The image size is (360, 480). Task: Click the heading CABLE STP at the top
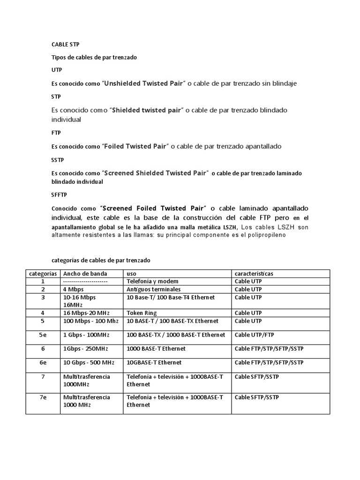[65, 45]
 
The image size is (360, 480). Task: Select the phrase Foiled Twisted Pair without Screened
[135, 146]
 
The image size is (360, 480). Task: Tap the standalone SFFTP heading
[58, 195]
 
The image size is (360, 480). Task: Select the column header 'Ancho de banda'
[85, 273]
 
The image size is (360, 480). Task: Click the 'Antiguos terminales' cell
[153, 289]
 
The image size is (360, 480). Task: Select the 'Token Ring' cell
[142, 313]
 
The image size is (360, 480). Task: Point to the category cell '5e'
[42, 335]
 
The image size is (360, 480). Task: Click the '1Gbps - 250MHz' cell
[85, 349]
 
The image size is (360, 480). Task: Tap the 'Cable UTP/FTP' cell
[255, 335]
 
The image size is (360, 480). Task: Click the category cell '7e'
[42, 397]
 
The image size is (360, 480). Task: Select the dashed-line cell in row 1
[85, 281]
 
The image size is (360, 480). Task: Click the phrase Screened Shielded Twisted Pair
[156, 173]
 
